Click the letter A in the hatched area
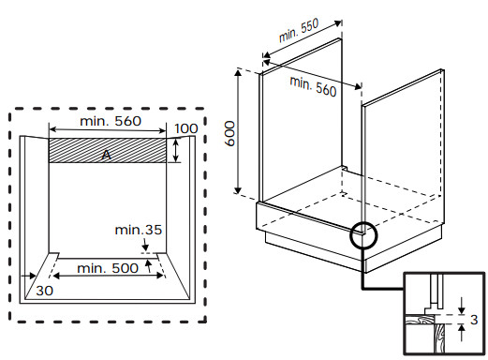coord(107,155)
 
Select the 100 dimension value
coord(186,128)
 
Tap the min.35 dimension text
coord(139,230)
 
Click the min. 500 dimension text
coord(108,268)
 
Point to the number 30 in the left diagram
coord(44,291)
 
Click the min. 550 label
coord(299,30)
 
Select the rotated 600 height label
coord(230,134)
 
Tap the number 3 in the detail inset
coord(474,320)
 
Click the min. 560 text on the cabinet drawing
coord(313,86)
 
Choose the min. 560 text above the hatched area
coord(111,121)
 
